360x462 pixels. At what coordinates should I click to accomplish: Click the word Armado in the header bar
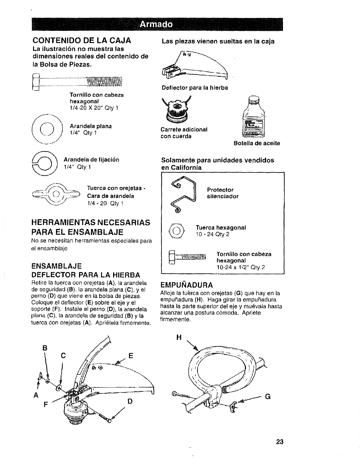pyautogui.click(x=156, y=24)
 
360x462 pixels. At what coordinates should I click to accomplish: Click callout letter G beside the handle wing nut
pyautogui.click(x=267, y=397)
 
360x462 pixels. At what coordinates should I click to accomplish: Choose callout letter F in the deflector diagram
pyautogui.click(x=45, y=404)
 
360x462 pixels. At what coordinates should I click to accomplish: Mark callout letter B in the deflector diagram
pyautogui.click(x=45, y=348)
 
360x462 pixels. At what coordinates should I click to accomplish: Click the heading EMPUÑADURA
pyautogui.click(x=186, y=285)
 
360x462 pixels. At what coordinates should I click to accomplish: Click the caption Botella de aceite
pyautogui.click(x=257, y=143)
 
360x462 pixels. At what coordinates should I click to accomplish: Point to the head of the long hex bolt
pyautogui.click(x=36, y=82)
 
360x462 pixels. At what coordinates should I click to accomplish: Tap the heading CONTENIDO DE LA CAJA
pyautogui.click(x=82, y=40)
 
